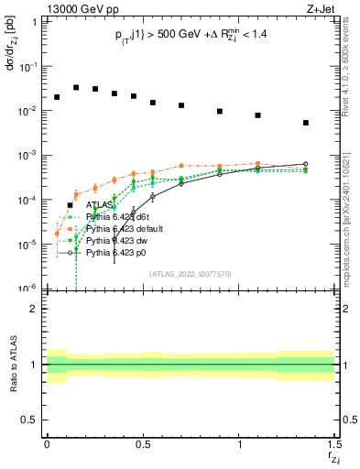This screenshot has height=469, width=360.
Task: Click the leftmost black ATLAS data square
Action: pyautogui.click(x=57, y=97)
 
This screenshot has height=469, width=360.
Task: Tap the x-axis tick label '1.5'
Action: pyautogui.click(x=333, y=442)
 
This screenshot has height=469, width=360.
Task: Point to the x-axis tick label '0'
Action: pyautogui.click(x=47, y=442)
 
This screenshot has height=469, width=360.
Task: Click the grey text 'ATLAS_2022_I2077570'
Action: pyautogui.click(x=190, y=273)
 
